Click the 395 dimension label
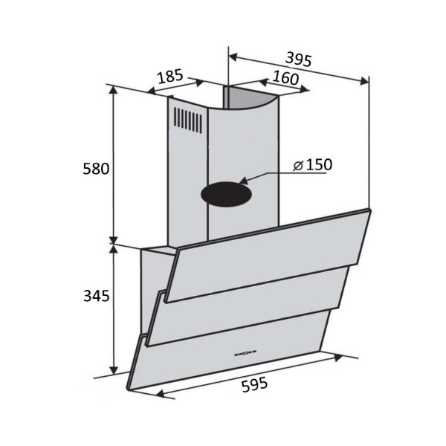[x=299, y=59]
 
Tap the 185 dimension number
[x=170, y=77]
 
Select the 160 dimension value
[x=285, y=77]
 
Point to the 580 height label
[x=96, y=169]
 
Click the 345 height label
[x=96, y=296]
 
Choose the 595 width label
[x=254, y=384]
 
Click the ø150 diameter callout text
[x=313, y=165]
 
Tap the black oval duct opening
[x=226, y=194]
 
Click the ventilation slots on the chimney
[x=188, y=120]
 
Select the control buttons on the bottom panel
[x=245, y=354]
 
